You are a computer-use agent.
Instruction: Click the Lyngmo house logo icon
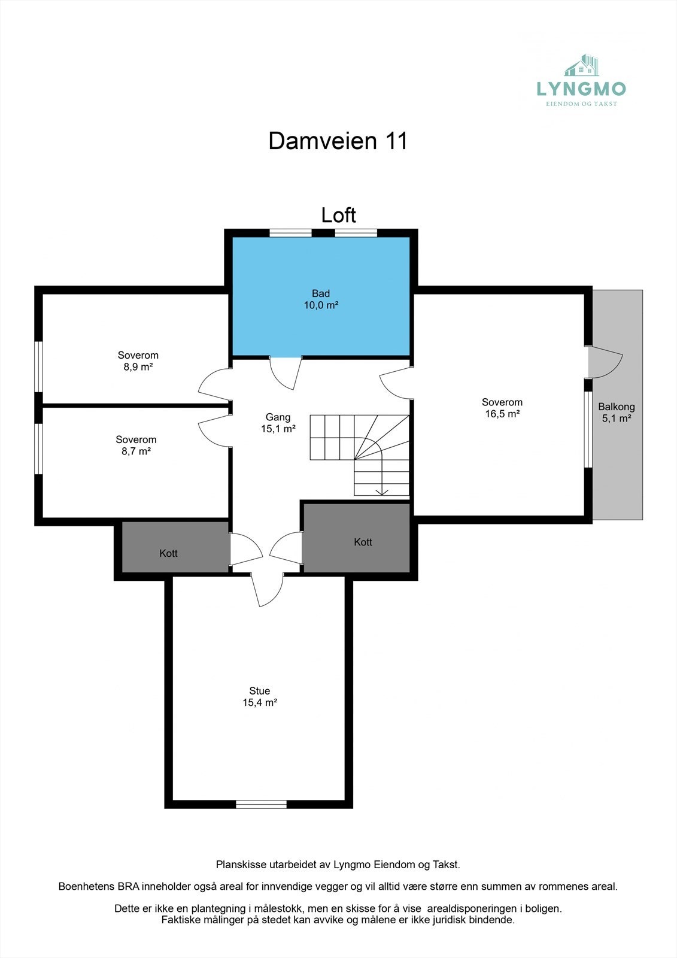coord(582,66)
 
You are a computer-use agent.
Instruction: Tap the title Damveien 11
coord(338,141)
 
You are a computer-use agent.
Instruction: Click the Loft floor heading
coord(338,215)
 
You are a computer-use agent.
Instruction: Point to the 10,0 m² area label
coord(321,305)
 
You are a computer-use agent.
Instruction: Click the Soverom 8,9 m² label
coord(138,361)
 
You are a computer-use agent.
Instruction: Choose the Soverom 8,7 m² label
coord(136,445)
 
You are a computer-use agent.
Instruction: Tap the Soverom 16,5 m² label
coord(502,408)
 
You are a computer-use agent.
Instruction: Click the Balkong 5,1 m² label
coord(616,413)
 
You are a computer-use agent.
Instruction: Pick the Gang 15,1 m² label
coord(278,423)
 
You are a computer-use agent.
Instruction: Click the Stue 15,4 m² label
coord(259,697)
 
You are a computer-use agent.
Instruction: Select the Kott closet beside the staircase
coord(363,542)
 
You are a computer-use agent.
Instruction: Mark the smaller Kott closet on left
coord(169,553)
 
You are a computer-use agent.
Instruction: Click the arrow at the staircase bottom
coord(382,492)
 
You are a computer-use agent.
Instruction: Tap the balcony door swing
coord(605,362)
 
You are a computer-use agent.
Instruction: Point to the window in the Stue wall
coord(261,804)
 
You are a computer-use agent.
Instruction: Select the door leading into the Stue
coord(267,589)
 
